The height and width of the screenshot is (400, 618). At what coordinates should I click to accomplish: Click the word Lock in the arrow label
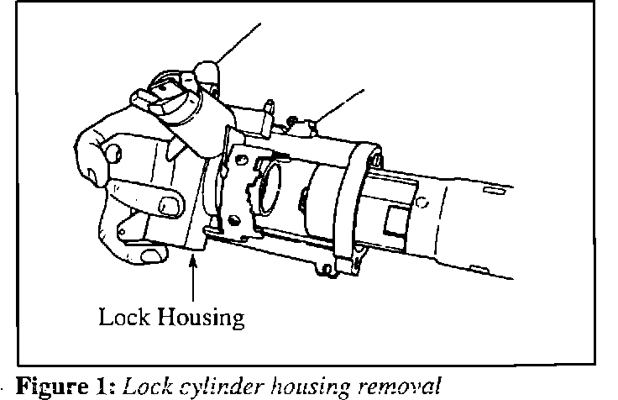pos(123,317)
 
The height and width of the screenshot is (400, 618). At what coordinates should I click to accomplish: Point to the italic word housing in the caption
pos(307,387)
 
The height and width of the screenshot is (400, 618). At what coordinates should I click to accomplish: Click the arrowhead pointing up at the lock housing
pos(195,262)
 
